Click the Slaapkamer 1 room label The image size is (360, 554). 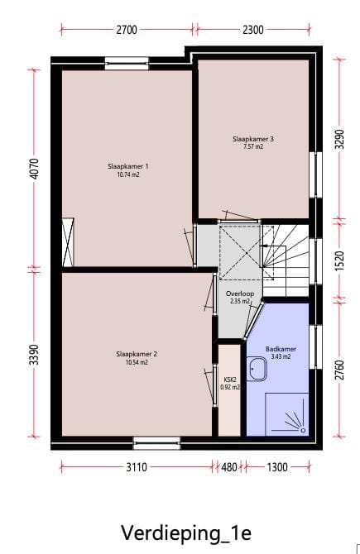click(122, 166)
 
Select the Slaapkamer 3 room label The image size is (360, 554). click(253, 139)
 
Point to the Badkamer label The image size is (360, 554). click(281, 349)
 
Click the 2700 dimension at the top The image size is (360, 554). click(127, 30)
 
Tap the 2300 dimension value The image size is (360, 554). click(253, 30)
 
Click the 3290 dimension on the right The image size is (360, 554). click(338, 138)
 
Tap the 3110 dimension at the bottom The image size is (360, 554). click(137, 467)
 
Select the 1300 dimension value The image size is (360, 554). click(277, 467)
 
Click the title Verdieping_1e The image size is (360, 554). click(180, 530)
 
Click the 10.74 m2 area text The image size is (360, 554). click(122, 175)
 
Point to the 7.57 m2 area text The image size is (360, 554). click(253, 147)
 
